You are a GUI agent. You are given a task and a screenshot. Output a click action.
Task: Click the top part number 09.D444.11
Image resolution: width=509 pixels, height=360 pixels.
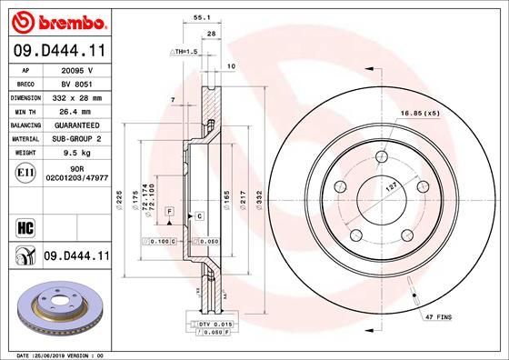point(57,54)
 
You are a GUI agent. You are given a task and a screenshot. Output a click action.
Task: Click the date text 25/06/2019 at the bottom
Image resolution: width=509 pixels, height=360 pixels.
point(59,354)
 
